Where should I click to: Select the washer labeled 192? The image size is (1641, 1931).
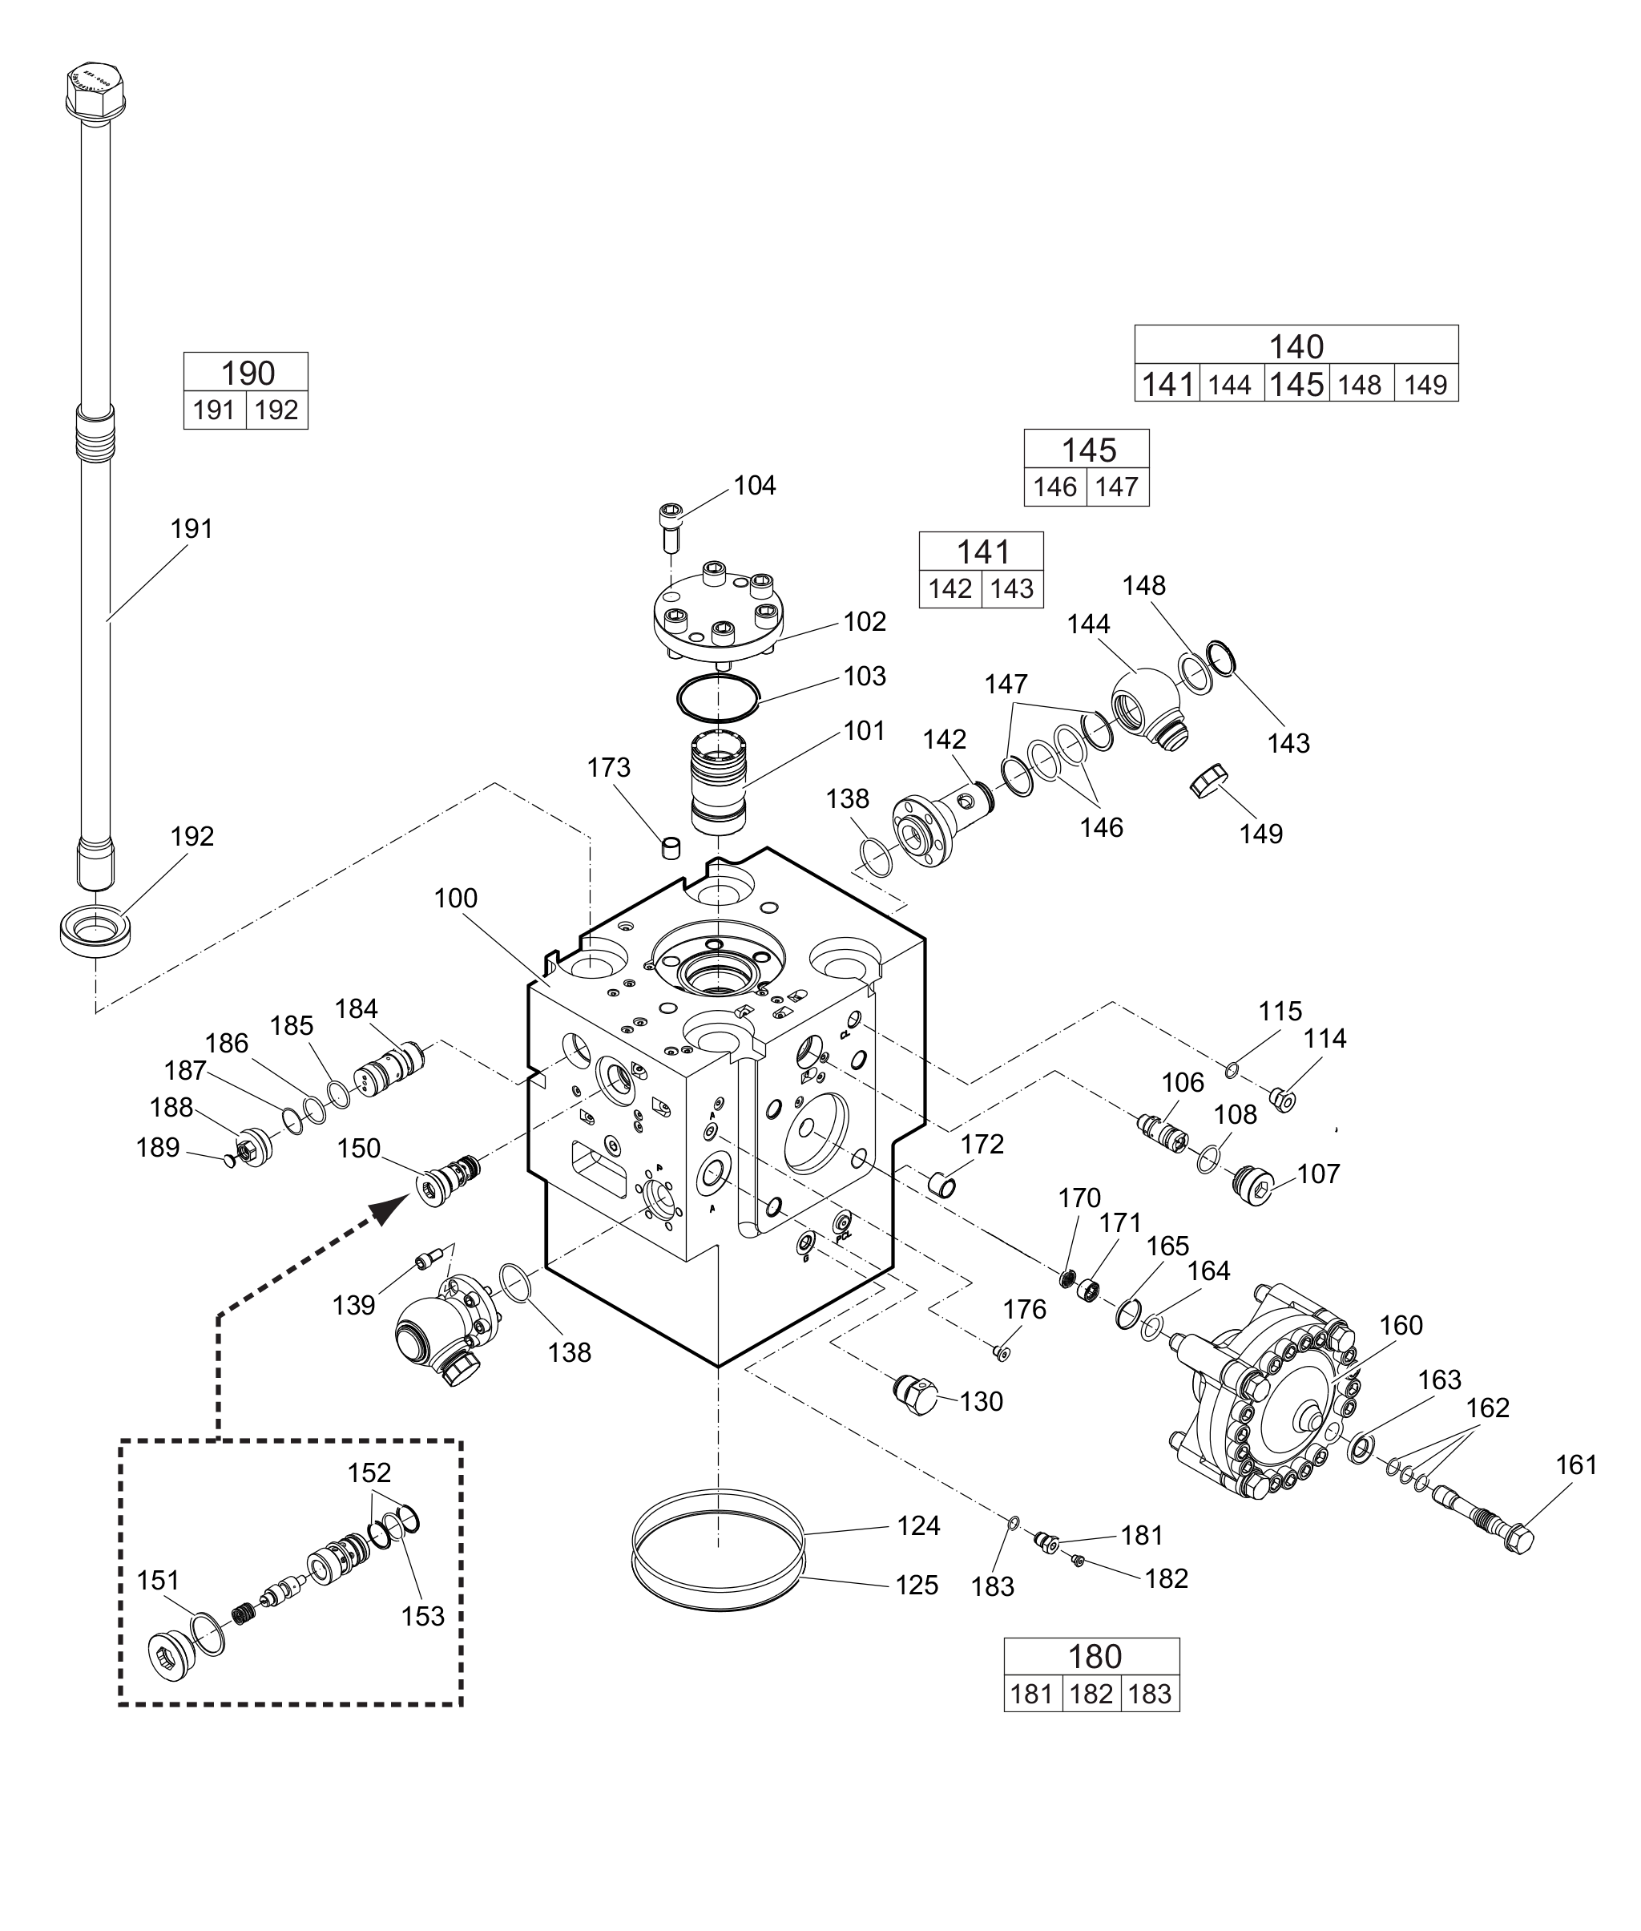[96, 929]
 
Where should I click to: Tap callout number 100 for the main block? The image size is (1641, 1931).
[455, 898]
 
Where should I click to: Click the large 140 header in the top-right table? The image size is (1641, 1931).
[1296, 346]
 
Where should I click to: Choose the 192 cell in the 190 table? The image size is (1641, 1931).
[276, 410]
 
